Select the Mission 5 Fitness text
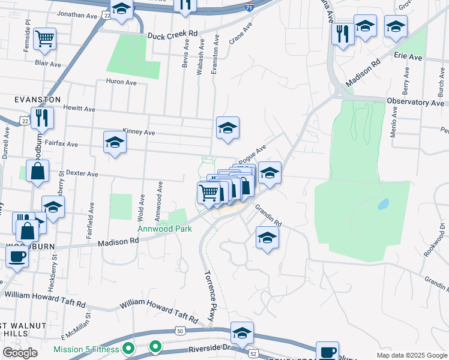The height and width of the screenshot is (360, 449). pyautogui.click(x=88, y=349)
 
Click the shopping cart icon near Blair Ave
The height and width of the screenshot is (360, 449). pyautogui.click(x=45, y=39)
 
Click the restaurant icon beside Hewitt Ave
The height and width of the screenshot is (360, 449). pyautogui.click(x=42, y=117)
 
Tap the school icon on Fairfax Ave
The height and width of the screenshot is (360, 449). pyautogui.click(x=115, y=142)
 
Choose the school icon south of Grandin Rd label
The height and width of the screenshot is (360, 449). pyautogui.click(x=267, y=237)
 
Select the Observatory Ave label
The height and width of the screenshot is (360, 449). pyautogui.click(x=415, y=103)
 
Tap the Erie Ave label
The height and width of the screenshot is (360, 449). pyautogui.click(x=408, y=58)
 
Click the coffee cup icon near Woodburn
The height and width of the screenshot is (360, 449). pyautogui.click(x=17, y=256)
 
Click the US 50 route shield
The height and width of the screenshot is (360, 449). pyautogui.click(x=180, y=331)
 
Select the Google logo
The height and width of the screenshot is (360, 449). pyautogui.click(x=20, y=353)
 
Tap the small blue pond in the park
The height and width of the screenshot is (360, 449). pyautogui.click(x=382, y=204)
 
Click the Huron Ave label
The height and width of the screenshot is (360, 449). pyautogui.click(x=122, y=82)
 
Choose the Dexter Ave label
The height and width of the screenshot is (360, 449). pyautogui.click(x=82, y=173)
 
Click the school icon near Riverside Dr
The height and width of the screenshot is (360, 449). pyautogui.click(x=242, y=333)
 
